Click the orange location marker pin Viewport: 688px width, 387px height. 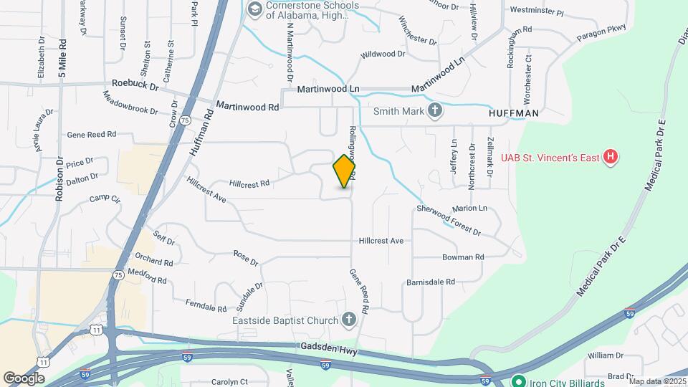point(345,171)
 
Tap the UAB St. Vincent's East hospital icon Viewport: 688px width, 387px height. point(610,156)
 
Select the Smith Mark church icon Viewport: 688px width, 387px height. point(434,110)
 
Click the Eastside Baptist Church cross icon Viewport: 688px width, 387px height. point(349,319)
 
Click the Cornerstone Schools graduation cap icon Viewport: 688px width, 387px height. point(254,9)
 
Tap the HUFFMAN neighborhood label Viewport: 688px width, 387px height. point(513,113)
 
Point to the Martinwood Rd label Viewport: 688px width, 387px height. point(247,107)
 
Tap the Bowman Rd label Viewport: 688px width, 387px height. point(463,257)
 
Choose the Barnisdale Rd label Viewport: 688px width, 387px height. point(431,282)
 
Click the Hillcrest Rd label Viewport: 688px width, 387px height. point(249,183)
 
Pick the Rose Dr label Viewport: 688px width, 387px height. point(246,258)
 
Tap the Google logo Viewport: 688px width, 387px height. point(24,378)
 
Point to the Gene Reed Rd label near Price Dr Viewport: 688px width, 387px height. point(92,135)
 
